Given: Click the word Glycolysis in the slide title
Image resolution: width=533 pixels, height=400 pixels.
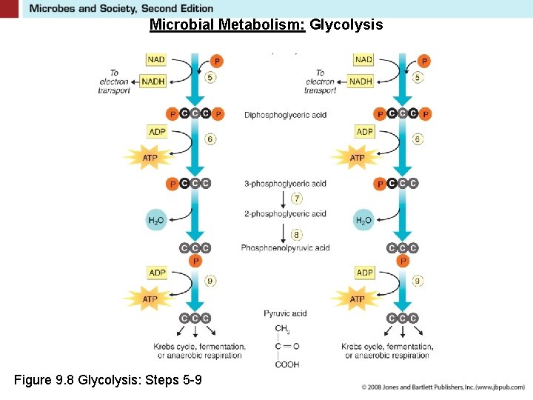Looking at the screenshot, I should point(346,25).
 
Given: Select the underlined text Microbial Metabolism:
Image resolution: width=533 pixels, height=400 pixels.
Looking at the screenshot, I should point(228,25).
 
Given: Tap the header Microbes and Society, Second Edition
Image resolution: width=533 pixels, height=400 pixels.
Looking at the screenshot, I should point(121,8).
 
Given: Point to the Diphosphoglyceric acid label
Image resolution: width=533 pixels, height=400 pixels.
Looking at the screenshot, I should point(285,115).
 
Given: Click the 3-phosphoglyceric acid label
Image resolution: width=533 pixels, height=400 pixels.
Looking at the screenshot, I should point(285,184).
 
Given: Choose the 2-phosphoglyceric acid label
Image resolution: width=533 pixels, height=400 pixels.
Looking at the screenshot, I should point(285,214).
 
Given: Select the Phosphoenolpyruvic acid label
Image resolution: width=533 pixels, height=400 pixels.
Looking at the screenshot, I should point(285,248).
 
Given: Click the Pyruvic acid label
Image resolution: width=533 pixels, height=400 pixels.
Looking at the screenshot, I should point(285,313).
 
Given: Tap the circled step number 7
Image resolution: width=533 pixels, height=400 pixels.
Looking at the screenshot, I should point(297,199).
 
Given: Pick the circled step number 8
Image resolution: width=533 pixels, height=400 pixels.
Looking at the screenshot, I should point(297,234).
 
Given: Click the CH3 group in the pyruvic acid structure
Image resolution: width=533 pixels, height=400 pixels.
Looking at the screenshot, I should point(283,329).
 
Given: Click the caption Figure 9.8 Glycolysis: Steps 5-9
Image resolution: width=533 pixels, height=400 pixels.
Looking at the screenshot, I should point(107,381).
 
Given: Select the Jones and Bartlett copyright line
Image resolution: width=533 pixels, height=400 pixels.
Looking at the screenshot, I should point(443,387).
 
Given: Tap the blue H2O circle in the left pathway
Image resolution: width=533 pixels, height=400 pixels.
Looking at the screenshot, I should point(156,220).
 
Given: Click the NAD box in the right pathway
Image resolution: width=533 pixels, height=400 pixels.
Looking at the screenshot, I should point(363,59).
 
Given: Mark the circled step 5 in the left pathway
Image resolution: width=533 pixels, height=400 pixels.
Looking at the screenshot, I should point(211,77).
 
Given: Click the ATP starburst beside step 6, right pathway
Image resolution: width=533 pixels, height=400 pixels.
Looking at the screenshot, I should point(357,158).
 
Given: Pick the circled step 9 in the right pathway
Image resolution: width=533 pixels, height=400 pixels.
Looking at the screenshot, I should point(418,281).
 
